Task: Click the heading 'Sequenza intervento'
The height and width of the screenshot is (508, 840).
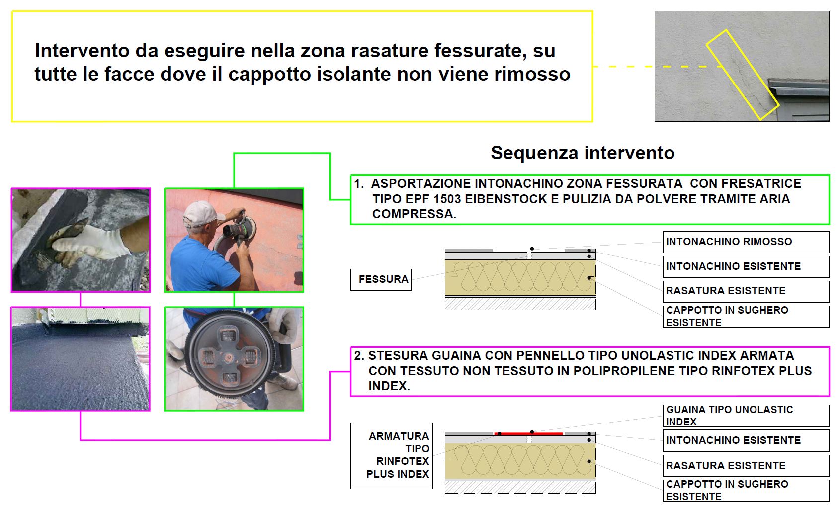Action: tap(583, 153)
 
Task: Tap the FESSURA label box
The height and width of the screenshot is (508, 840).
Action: tap(381, 280)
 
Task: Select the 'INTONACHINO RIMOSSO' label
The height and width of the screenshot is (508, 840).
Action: tap(746, 242)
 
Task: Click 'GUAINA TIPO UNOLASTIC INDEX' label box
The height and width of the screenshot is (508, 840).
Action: tap(746, 416)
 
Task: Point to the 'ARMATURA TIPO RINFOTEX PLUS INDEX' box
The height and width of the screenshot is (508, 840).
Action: tap(392, 455)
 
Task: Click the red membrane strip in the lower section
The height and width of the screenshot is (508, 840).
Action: tap(529, 434)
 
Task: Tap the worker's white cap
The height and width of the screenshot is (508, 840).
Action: tap(201, 213)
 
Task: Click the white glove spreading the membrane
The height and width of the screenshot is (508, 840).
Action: tap(88, 242)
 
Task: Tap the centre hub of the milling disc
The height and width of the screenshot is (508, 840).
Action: tap(228, 357)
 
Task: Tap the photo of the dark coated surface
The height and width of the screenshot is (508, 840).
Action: tap(80, 359)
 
